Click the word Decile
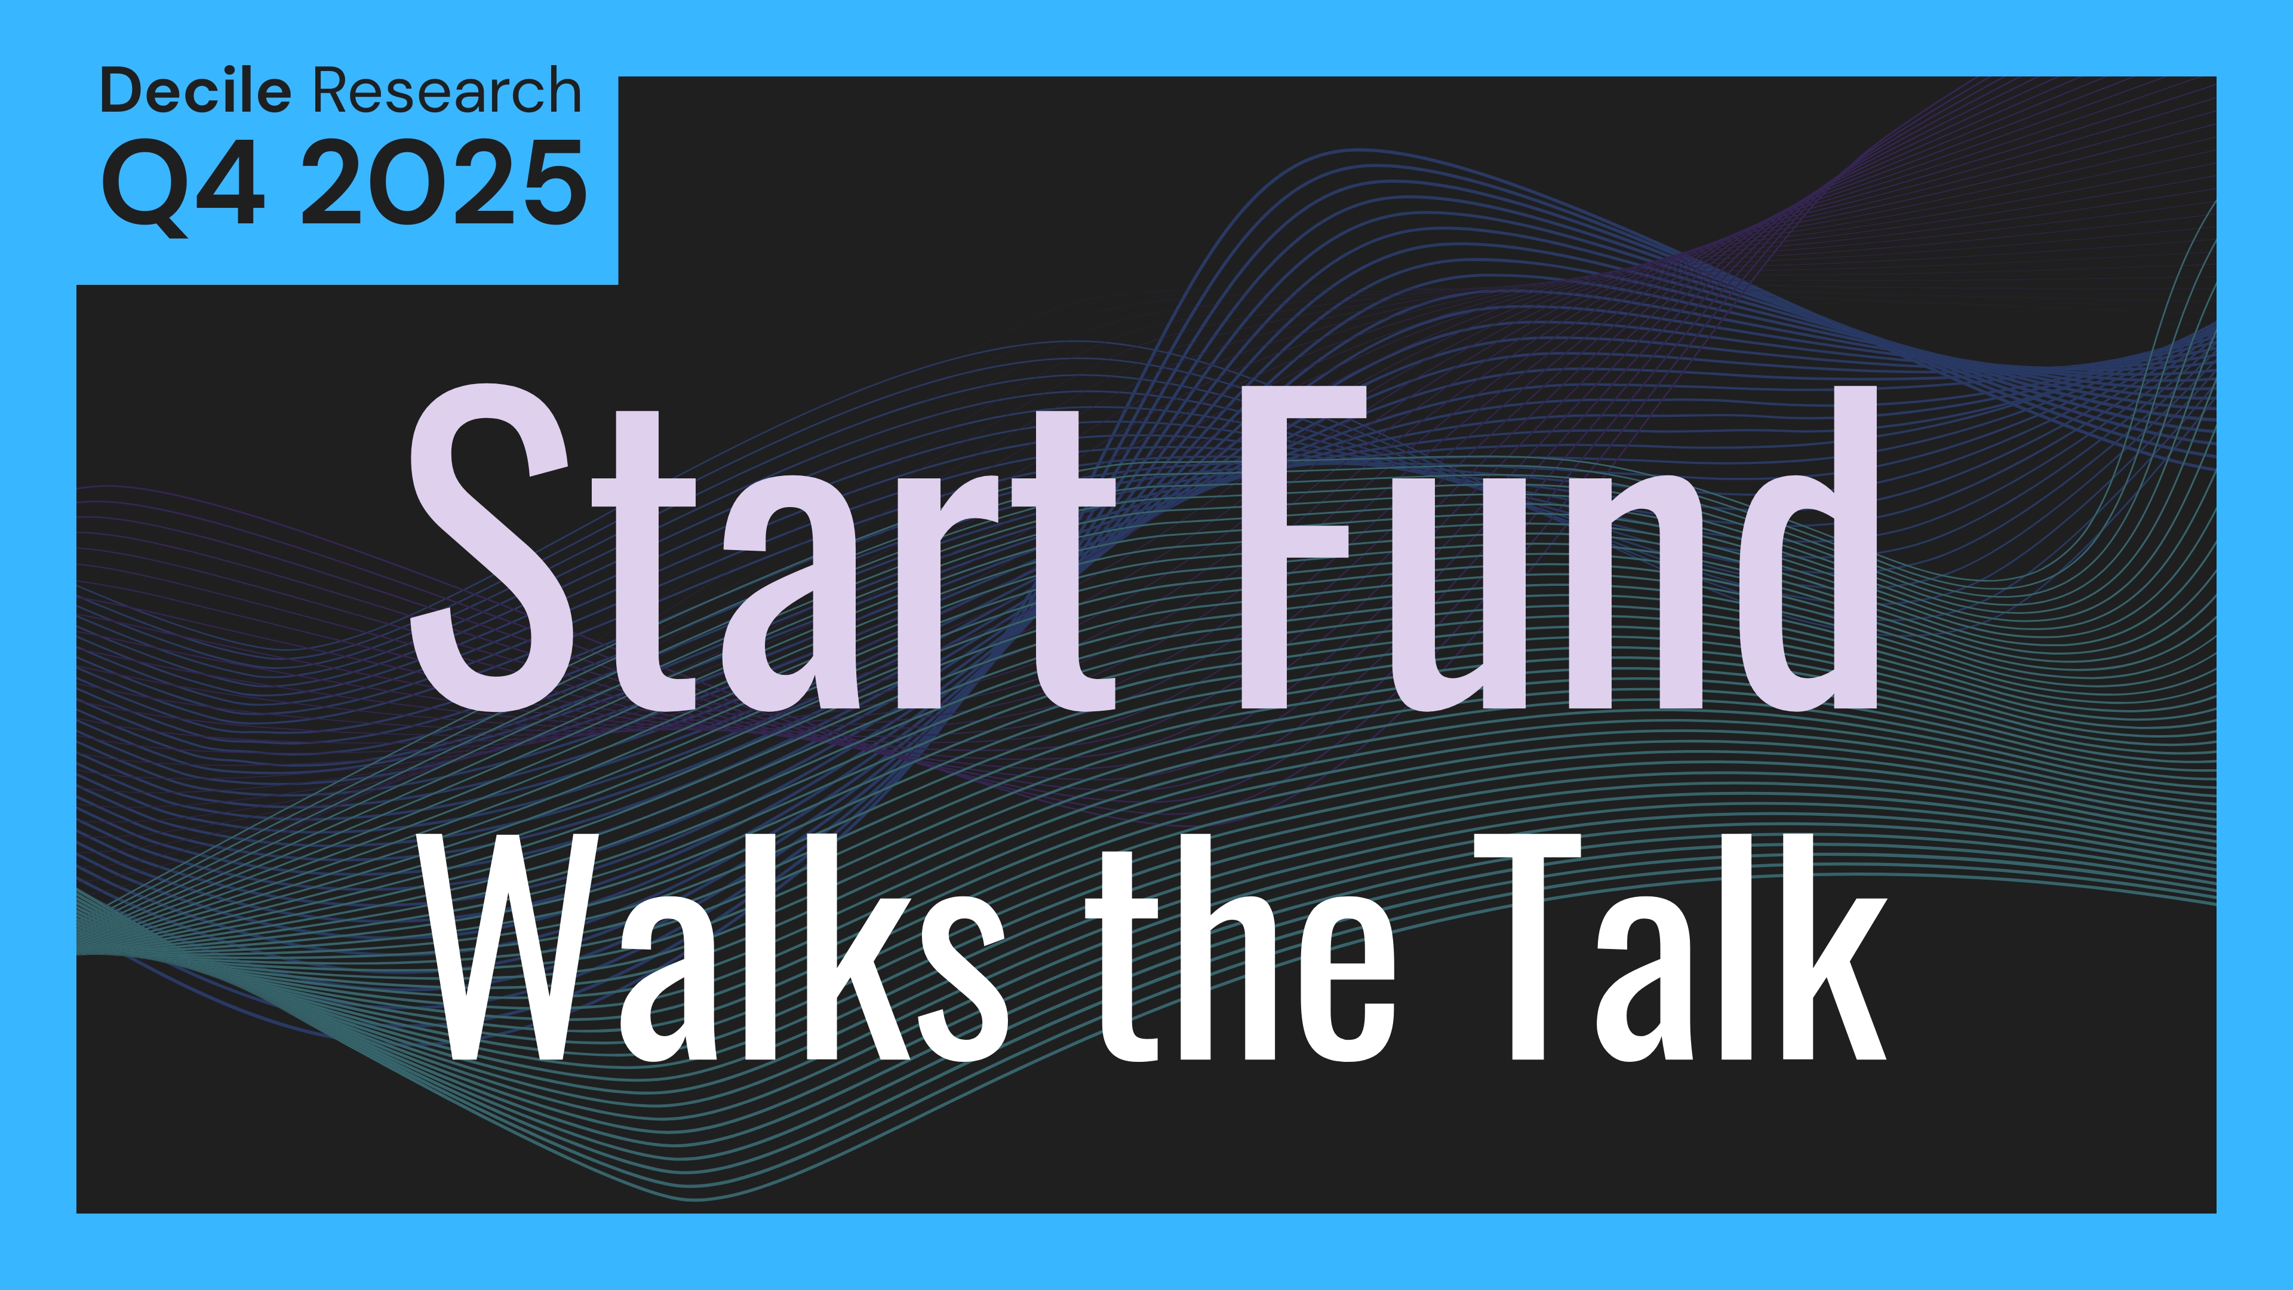196,91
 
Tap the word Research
447,91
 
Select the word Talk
1680,947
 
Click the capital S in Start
490,548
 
